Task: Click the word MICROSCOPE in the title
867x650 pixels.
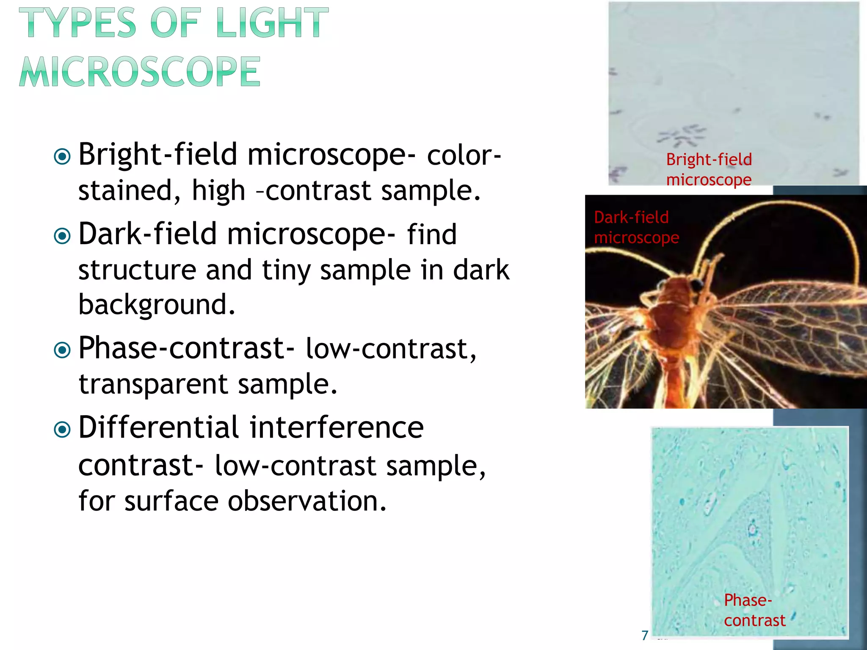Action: (140, 72)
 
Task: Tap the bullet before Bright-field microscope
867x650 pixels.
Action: (63, 157)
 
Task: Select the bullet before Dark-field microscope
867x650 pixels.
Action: (63, 236)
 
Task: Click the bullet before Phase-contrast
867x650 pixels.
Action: (63, 350)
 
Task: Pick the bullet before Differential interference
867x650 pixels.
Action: (63, 430)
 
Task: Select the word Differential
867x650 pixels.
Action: (159, 427)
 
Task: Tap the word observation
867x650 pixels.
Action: (307, 501)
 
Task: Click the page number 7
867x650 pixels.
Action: (645, 635)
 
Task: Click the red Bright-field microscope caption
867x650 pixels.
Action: (709, 170)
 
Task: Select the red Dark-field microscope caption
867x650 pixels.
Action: (636, 228)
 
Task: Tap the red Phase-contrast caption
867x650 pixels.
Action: (754, 610)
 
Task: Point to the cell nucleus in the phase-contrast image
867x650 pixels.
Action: (752, 529)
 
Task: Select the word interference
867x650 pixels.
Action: (337, 427)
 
